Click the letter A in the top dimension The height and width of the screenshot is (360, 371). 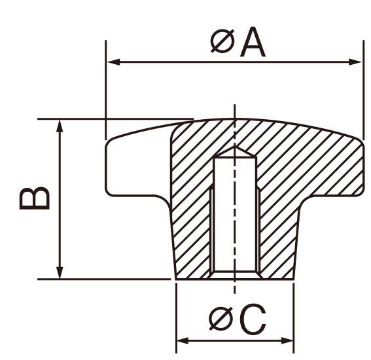click(253, 42)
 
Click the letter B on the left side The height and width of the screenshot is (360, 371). click(35, 199)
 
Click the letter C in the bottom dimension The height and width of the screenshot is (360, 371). click(253, 319)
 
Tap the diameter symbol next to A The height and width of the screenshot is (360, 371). click(222, 41)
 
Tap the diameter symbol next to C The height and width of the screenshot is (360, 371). click(221, 318)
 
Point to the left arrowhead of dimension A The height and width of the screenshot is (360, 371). click(114, 62)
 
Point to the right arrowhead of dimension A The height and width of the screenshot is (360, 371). click(355, 62)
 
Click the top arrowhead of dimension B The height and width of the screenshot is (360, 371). click(60, 126)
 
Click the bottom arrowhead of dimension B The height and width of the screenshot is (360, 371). click(60, 273)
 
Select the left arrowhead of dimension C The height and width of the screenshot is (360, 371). click(183, 341)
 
